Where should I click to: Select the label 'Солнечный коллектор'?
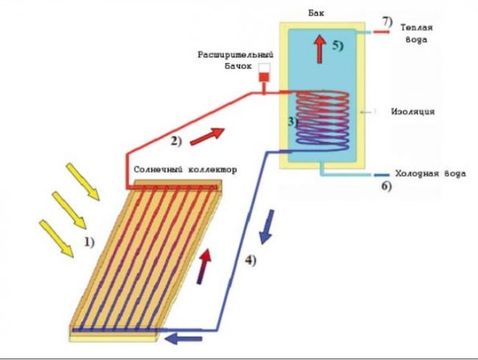click(186, 170)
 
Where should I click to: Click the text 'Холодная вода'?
click(421, 174)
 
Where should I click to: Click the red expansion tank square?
click(263, 76)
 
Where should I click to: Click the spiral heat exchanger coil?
click(321, 118)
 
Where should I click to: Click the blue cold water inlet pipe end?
click(380, 175)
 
